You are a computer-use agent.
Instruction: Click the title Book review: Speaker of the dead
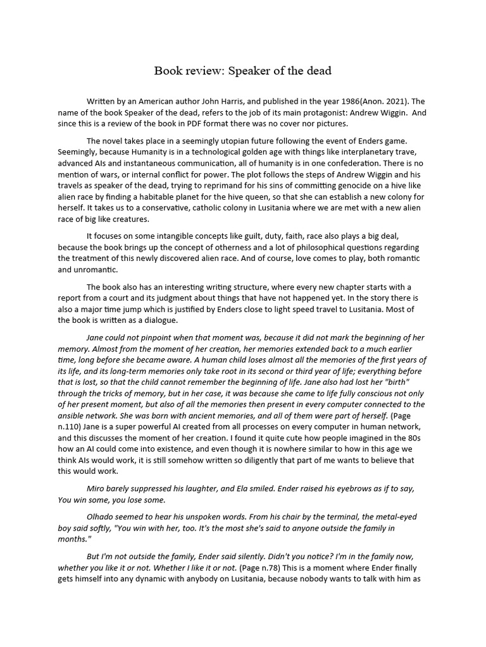coord(242,71)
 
